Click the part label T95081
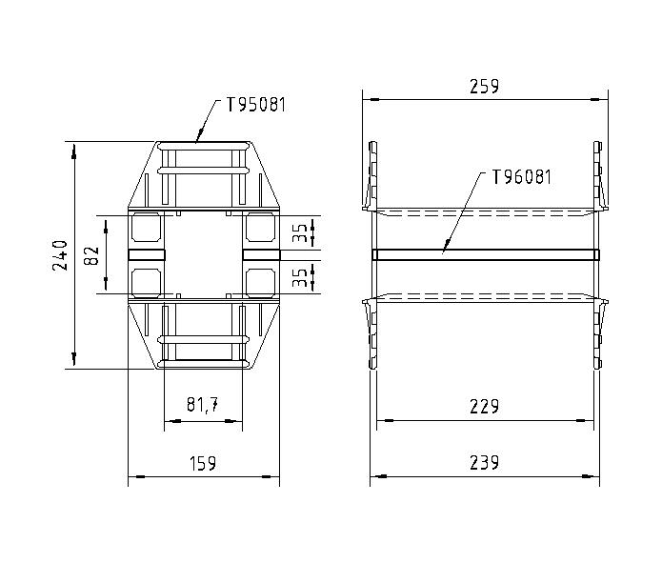pyautogui.click(x=256, y=105)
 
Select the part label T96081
pyautogui.click(x=521, y=176)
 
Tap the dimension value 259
pyautogui.click(x=485, y=86)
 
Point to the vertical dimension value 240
pyautogui.click(x=61, y=255)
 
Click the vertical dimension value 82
pyautogui.click(x=92, y=255)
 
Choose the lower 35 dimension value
pyautogui.click(x=301, y=277)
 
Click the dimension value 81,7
pyautogui.click(x=202, y=406)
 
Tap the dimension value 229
pyautogui.click(x=485, y=407)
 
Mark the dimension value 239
pyautogui.click(x=485, y=463)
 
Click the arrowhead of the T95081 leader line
pyautogui.click(x=197, y=139)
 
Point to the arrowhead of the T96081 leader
pyautogui.click(x=445, y=251)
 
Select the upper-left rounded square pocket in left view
pyautogui.click(x=146, y=228)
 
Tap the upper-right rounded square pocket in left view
pyautogui.click(x=260, y=228)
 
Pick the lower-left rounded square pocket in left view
pyautogui.click(x=146, y=281)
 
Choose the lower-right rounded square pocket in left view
pyautogui.click(x=260, y=281)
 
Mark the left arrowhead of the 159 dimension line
pyautogui.click(x=132, y=475)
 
